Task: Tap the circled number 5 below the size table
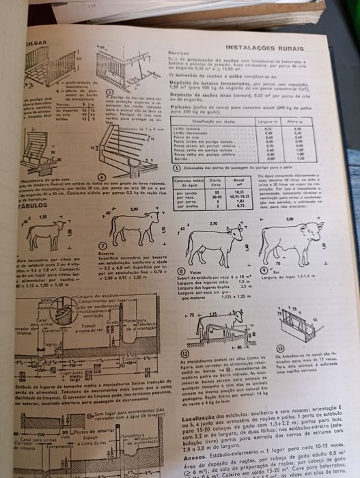click(176, 167)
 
